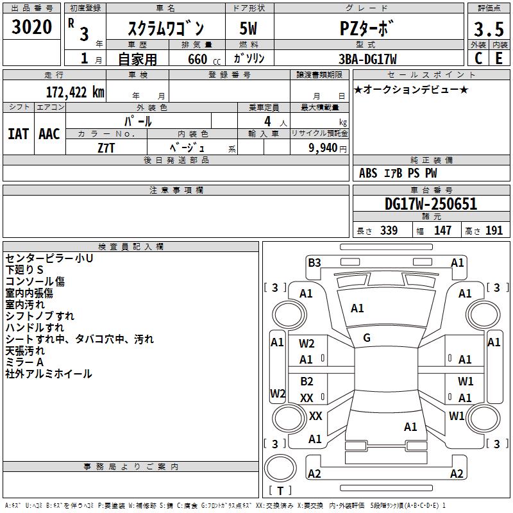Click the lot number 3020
31,27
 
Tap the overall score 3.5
489,29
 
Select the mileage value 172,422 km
75,92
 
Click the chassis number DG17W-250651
431,204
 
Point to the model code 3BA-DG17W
367,59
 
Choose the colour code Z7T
106,148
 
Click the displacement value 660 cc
204,60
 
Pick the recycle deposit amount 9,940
323,148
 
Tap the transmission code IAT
19,134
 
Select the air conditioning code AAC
49,134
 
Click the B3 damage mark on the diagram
314,263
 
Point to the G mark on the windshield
367,338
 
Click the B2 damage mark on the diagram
307,382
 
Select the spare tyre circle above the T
280,468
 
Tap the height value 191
494,231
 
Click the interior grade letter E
499,58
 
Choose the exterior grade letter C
478,58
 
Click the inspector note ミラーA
24,362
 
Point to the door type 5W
248,29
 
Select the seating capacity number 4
267,121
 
